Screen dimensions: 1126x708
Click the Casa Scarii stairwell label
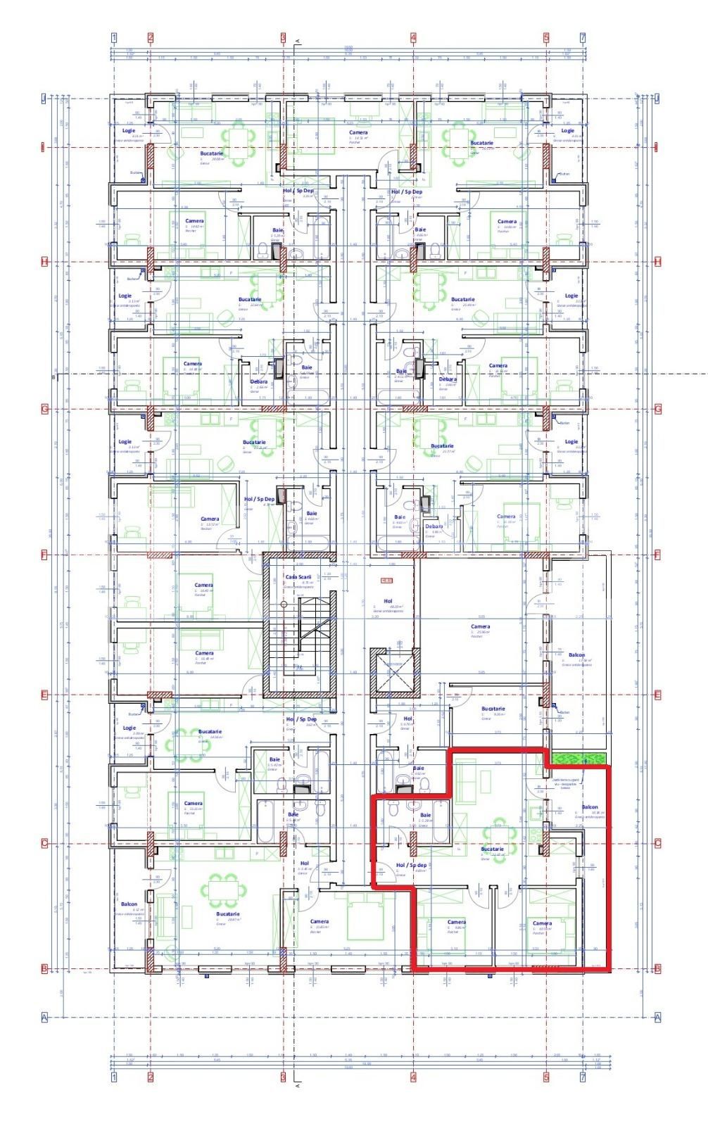(x=298, y=576)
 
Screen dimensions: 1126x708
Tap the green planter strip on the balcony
(x=579, y=758)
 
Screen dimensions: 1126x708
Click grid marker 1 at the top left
(x=115, y=37)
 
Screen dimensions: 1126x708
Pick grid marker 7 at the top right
(x=582, y=37)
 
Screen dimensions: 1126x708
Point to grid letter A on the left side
(x=44, y=1017)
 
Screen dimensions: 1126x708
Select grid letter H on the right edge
(x=658, y=262)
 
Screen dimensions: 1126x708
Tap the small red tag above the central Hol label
(x=385, y=581)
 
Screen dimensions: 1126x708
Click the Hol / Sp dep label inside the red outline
(x=412, y=864)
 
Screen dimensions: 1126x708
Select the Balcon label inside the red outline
(x=589, y=807)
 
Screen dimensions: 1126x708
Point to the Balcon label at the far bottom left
(x=129, y=904)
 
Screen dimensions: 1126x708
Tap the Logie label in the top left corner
(x=128, y=130)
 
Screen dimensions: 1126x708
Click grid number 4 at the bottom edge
(x=413, y=1077)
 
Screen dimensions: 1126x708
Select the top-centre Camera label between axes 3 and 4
(x=358, y=132)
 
